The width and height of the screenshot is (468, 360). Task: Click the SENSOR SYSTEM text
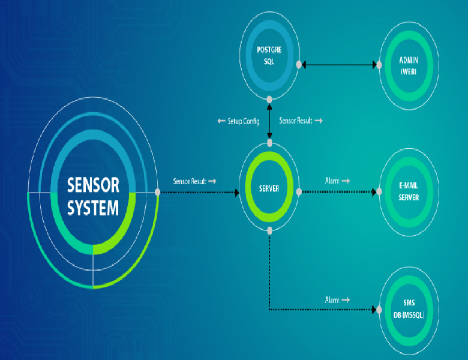click(93, 196)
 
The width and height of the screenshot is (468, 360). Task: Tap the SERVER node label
click(269, 189)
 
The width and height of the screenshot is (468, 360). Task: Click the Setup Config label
click(239, 121)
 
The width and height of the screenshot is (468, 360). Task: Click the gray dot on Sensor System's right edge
click(157, 192)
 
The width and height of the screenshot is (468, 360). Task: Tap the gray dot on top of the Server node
click(269, 143)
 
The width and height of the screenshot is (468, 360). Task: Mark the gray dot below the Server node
click(269, 230)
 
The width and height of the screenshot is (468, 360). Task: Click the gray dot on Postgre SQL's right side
click(298, 64)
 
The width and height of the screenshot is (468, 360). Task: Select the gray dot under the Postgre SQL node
click(269, 99)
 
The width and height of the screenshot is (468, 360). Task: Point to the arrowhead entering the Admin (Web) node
click(376, 64)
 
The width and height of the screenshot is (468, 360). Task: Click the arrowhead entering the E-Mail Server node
click(376, 192)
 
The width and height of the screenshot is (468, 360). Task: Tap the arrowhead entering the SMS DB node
click(376, 310)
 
